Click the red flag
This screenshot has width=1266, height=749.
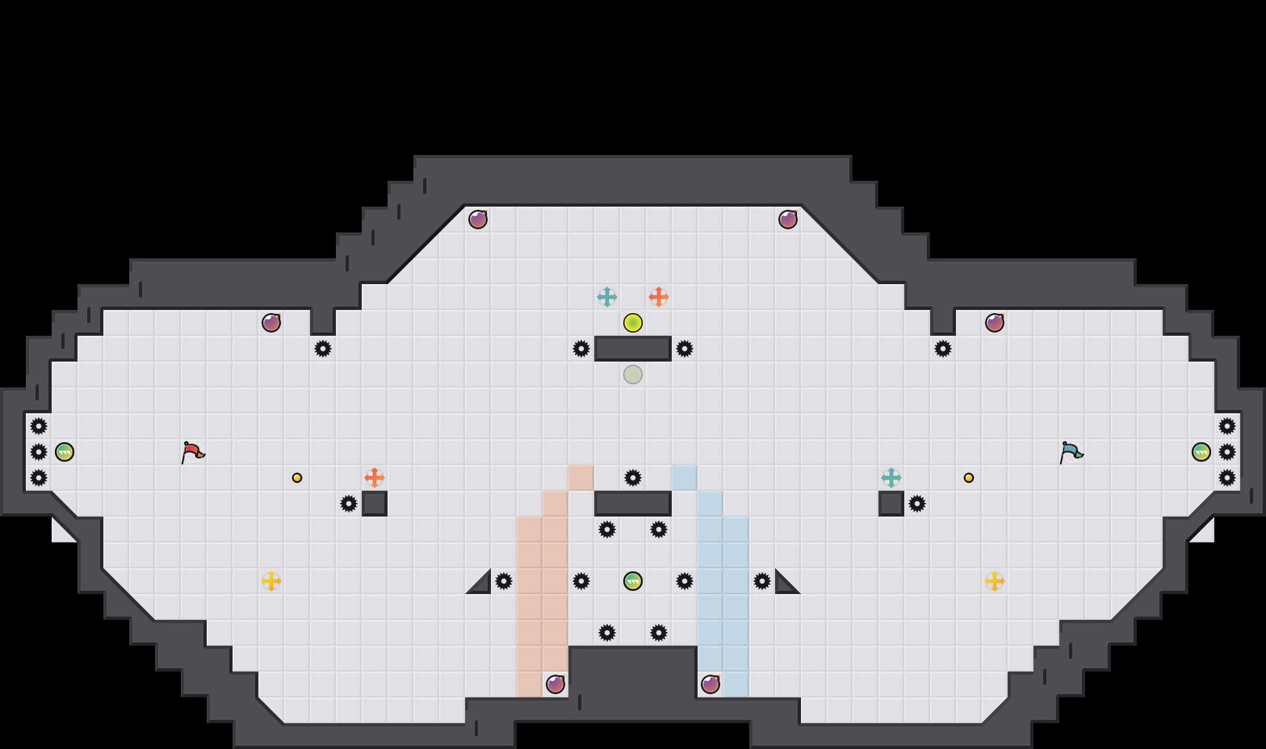point(192,452)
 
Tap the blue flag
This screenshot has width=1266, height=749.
point(1070,452)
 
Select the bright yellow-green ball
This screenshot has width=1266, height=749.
point(633,323)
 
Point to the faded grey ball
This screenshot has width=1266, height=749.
point(633,374)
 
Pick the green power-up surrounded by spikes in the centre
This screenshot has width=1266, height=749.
point(633,581)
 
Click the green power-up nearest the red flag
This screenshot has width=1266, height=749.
point(65,452)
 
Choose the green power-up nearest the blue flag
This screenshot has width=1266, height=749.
point(1201,452)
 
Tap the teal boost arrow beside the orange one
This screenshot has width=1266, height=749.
point(607,297)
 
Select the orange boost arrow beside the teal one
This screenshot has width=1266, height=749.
point(659,297)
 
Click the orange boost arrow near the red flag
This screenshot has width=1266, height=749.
point(375,478)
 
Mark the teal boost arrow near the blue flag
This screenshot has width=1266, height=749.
point(891,478)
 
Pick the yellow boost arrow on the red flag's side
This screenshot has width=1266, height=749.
point(271,581)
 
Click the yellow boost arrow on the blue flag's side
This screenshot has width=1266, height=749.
point(995,581)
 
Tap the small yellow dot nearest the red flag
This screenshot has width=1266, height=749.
point(297,478)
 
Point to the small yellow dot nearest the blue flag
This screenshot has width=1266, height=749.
point(969,478)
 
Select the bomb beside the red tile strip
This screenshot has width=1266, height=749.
point(555,684)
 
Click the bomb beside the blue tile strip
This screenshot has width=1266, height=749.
point(711,684)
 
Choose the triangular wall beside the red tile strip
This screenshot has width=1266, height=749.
point(482,585)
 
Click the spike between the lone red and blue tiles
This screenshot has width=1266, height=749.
point(633,478)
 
